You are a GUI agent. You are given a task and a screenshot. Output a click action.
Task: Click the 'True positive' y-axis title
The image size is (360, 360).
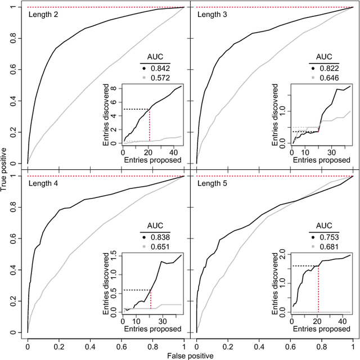click(5, 169)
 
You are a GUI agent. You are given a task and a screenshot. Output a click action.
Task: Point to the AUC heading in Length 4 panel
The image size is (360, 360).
click(155, 227)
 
